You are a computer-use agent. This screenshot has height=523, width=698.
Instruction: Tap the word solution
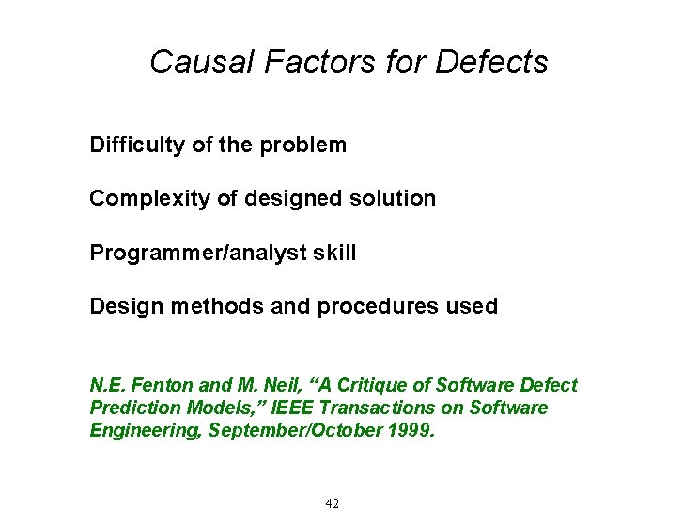point(396,199)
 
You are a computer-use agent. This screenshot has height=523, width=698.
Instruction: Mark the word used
point(473,307)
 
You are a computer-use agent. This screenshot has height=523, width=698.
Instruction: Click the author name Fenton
point(152,386)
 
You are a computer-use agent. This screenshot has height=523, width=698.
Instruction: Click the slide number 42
point(332,504)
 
